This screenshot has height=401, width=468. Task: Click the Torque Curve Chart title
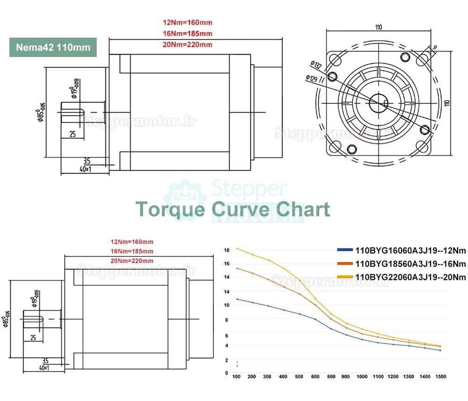click(233, 209)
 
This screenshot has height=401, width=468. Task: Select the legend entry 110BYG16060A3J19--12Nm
click(402, 250)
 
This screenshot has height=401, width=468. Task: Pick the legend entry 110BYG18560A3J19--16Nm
click(402, 264)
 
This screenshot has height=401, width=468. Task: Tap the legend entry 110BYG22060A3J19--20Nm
click(402, 277)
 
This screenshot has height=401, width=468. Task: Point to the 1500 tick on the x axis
click(440, 377)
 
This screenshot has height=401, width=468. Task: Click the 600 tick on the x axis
click(315, 377)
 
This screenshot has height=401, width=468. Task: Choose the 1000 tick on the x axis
click(362, 377)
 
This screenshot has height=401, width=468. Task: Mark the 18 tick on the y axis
click(227, 250)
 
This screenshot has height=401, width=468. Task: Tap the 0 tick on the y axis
click(227, 373)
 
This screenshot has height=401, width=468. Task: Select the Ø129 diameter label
click(312, 78)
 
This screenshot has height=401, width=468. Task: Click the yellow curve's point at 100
click(237, 248)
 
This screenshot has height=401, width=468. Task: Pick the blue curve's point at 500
click(300, 314)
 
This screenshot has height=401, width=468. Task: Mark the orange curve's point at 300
click(269, 279)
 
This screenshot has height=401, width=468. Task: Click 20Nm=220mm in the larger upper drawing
click(187, 45)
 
